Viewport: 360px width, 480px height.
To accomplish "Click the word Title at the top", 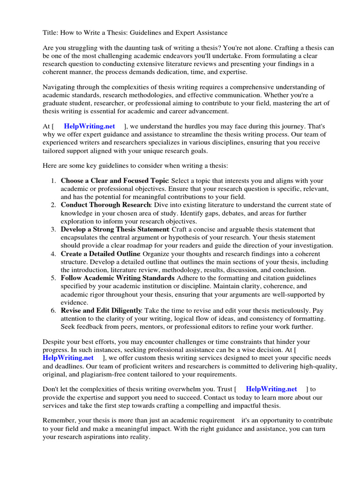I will (50, 32).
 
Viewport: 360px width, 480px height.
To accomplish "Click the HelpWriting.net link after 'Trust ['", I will (271, 389).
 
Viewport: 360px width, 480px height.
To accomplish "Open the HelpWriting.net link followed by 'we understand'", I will (89, 126).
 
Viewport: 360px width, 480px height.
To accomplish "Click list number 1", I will (53, 180).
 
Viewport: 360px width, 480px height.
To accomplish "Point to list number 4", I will (53, 254).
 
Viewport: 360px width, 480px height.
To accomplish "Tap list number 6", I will (53, 310).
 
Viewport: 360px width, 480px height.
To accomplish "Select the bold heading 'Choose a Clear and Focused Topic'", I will (114, 180).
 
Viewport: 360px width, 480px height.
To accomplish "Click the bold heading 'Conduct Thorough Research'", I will (105, 205).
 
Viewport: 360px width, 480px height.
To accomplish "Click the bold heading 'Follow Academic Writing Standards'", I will (117, 278).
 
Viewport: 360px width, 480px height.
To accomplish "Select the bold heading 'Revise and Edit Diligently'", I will (101, 310).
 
